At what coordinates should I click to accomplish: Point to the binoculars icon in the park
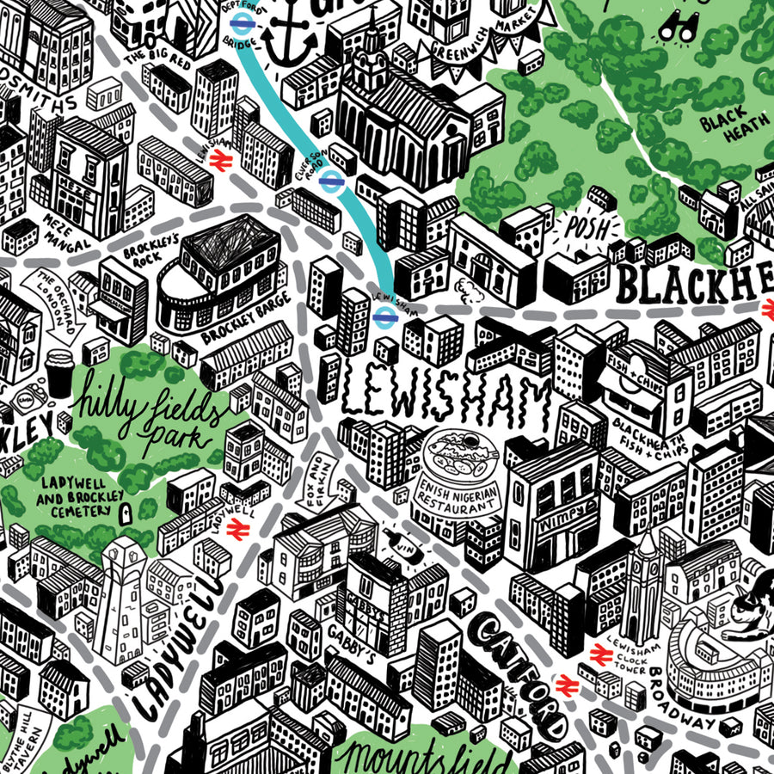coord(677,28)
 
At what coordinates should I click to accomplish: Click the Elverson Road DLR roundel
coord(330,180)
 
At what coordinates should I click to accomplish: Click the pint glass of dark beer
coord(58,372)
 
